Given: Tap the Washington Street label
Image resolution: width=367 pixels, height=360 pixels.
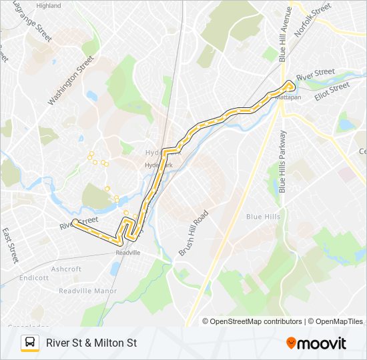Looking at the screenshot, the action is (x=71, y=81).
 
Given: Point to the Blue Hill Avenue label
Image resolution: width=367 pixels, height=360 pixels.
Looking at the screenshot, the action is (x=285, y=33).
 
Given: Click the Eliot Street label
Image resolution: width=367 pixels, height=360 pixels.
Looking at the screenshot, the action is (x=332, y=89).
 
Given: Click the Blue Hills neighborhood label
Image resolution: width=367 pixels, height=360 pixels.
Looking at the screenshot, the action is (x=263, y=217).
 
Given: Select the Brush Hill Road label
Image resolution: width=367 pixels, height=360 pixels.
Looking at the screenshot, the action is (x=194, y=233).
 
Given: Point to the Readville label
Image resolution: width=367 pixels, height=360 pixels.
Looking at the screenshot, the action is (x=128, y=253).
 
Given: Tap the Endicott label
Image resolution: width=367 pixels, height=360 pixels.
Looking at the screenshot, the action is (x=34, y=278).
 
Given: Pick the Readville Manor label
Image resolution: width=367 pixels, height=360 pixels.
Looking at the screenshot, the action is (x=88, y=291).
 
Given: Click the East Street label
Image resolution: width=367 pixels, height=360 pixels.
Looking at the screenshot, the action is (x=9, y=245).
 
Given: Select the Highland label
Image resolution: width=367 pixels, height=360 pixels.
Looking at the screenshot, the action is (x=48, y=5).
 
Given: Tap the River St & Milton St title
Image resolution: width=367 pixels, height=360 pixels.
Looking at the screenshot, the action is (x=91, y=343).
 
